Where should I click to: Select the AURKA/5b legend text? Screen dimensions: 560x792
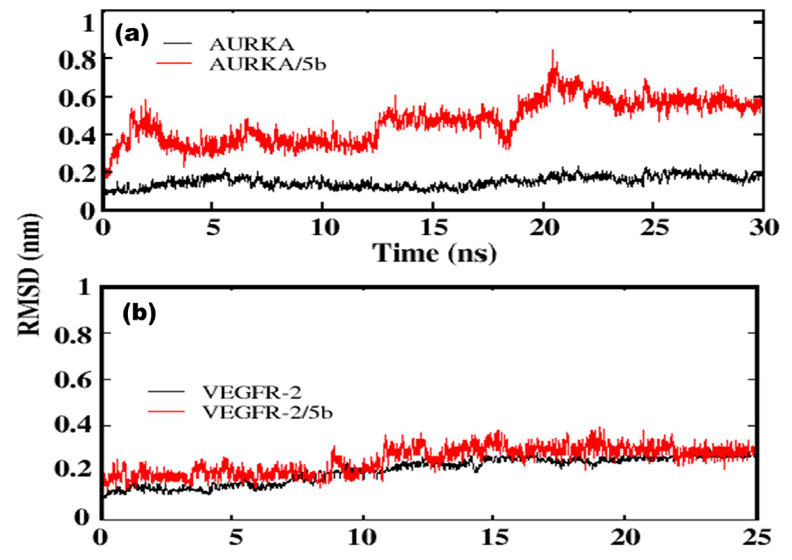click(x=268, y=65)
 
